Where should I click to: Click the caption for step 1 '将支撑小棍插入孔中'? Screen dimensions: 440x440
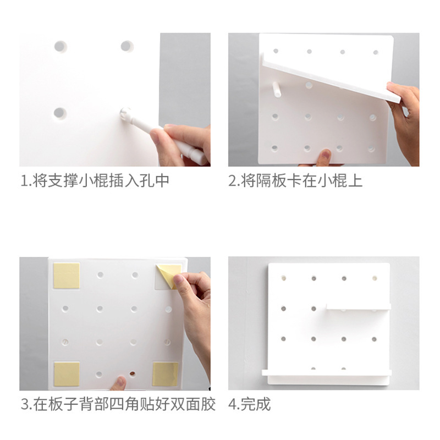pyautogui.click(x=101, y=180)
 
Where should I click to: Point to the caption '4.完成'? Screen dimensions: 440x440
pyautogui.click(x=249, y=404)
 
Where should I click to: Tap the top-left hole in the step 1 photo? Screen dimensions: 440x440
pyautogui.click(x=61, y=47)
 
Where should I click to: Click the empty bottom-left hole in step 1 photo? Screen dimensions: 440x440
pyautogui.click(x=60, y=113)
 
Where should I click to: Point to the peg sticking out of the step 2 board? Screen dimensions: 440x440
pyautogui.click(x=277, y=89)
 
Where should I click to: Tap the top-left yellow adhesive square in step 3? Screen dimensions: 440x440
pyautogui.click(x=67, y=276)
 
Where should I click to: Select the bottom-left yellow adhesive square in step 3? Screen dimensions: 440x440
pyautogui.click(x=67, y=374)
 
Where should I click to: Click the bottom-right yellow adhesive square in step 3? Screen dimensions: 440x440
pyautogui.click(x=166, y=374)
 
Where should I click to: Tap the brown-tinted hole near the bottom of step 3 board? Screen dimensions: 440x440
pyautogui.click(x=132, y=374)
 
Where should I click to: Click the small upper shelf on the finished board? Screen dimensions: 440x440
pyautogui.click(x=359, y=306)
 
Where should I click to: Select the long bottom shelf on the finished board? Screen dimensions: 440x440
pyautogui.click(x=327, y=373)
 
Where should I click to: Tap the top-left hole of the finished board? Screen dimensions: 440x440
pyautogui.click(x=283, y=278)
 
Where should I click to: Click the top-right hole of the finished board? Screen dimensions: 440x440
pyautogui.click(x=375, y=278)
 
